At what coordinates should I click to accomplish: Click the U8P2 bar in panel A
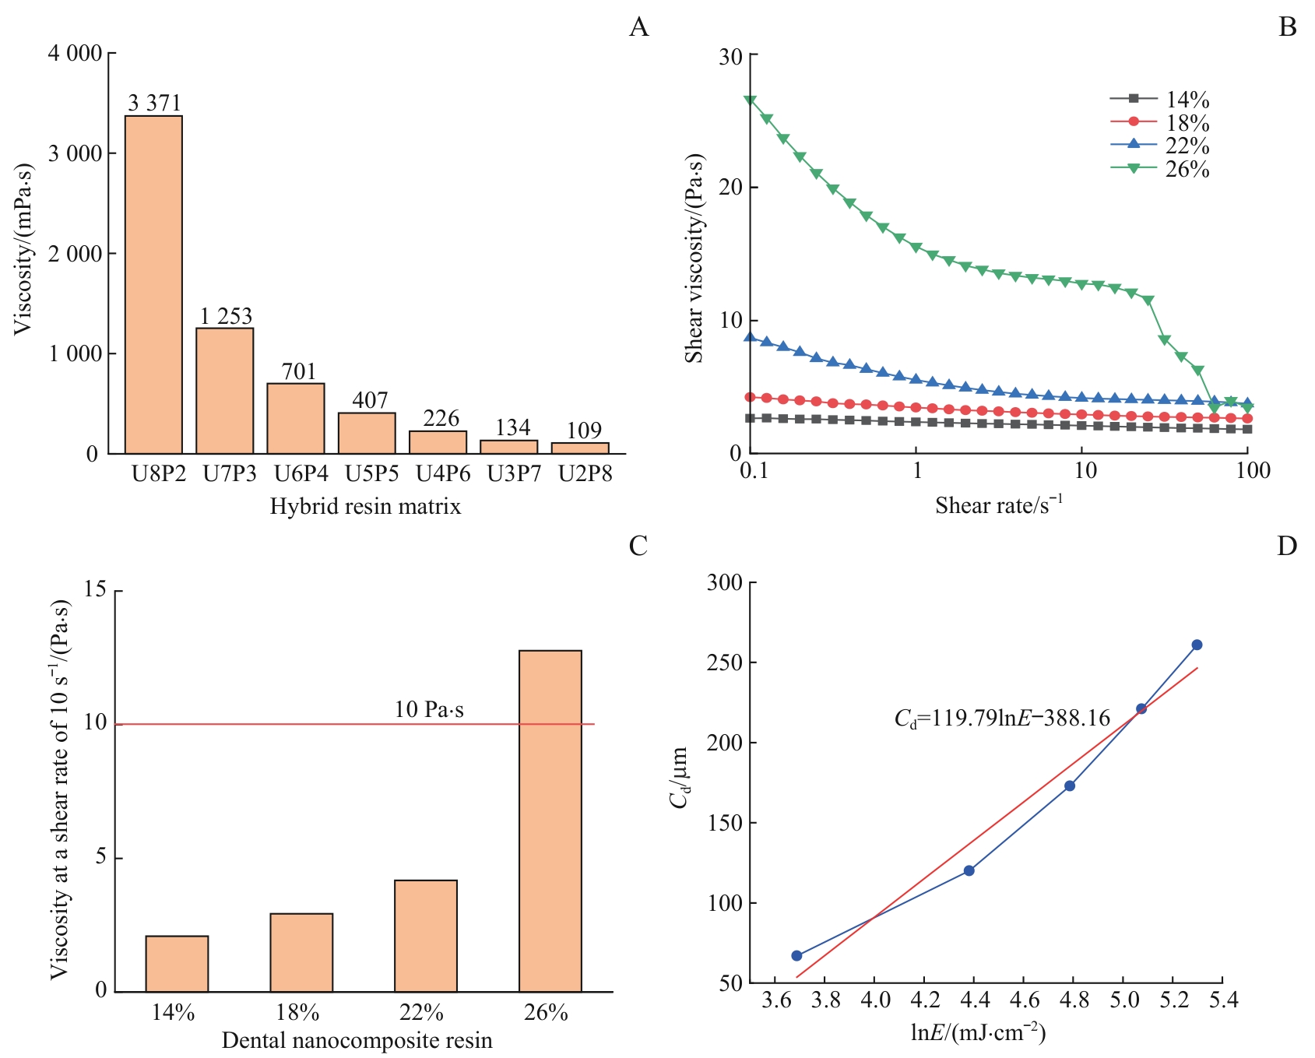[x=153, y=284]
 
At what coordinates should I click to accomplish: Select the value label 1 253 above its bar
[x=226, y=316]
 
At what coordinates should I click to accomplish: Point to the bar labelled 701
[x=296, y=418]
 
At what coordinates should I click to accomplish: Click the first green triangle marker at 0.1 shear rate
[x=750, y=100]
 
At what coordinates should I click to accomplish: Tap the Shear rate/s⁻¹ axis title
[x=998, y=505]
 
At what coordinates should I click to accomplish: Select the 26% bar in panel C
[x=550, y=821]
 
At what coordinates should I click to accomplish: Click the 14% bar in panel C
[x=177, y=963]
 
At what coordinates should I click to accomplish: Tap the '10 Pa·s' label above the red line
[x=429, y=709]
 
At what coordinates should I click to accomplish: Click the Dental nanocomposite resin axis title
[x=357, y=1040]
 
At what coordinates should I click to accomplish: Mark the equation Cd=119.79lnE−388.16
[x=1002, y=718]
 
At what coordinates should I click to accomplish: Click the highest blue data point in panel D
[x=1197, y=645]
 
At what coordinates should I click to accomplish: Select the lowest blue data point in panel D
[x=796, y=955]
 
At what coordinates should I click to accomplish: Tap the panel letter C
[x=638, y=547]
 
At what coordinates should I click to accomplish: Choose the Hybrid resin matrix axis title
[x=365, y=507]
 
